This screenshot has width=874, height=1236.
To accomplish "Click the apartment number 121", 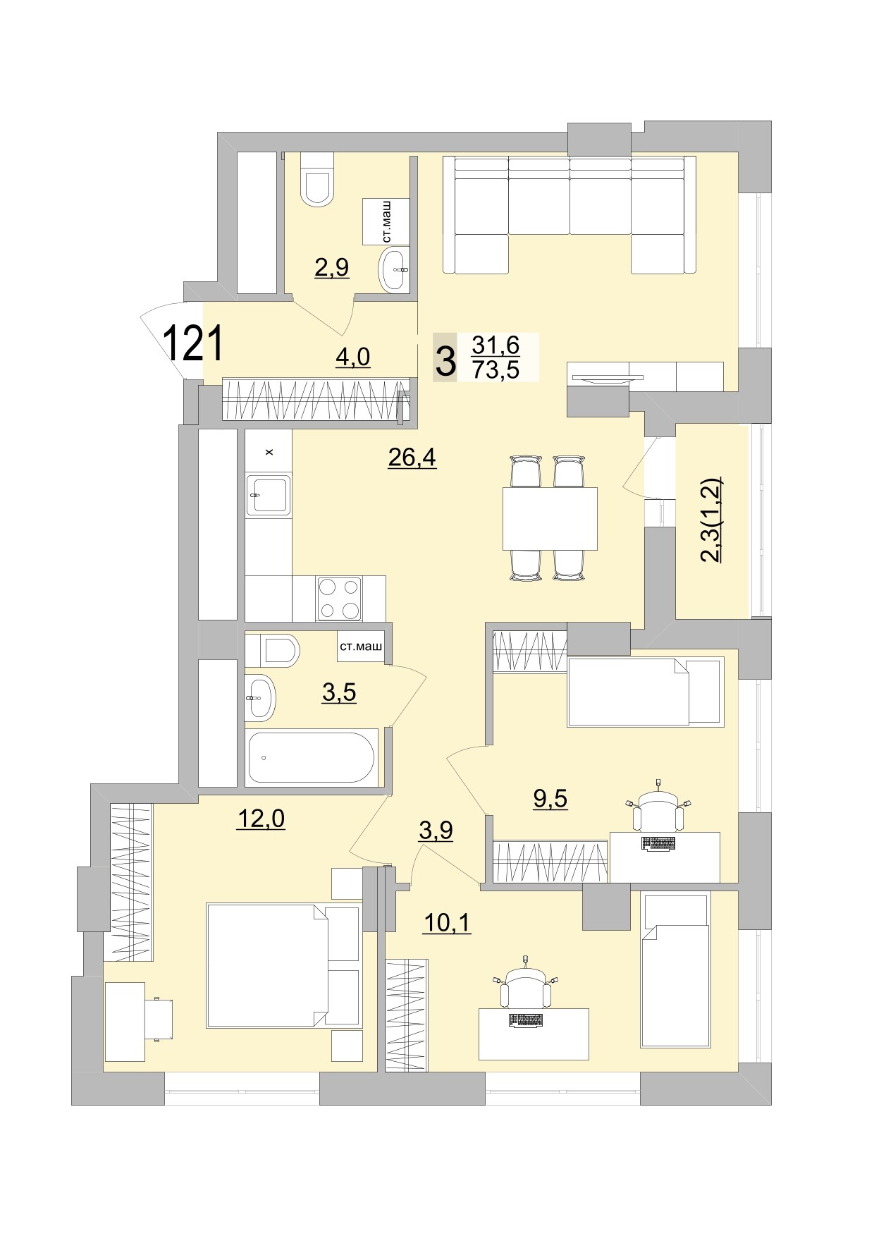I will pyautogui.click(x=193, y=343).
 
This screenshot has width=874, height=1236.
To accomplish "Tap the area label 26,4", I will pyautogui.click(x=412, y=458).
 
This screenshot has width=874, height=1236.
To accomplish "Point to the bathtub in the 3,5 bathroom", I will pyautogui.click(x=311, y=757).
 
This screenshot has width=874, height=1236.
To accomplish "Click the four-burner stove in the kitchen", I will pyautogui.click(x=339, y=599).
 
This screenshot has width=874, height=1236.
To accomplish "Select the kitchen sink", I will pyautogui.click(x=268, y=495).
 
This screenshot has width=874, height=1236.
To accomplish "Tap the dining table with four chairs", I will pyautogui.click(x=550, y=518).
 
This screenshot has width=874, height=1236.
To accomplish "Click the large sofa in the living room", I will pyautogui.click(x=570, y=214).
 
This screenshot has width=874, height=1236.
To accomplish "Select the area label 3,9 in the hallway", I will pyautogui.click(x=436, y=831).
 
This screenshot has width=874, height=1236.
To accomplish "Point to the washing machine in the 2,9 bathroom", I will pyautogui.click(x=386, y=221).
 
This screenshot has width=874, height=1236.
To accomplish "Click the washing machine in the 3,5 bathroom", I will pyautogui.click(x=359, y=647).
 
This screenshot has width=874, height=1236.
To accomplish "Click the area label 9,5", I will pyautogui.click(x=550, y=799).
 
